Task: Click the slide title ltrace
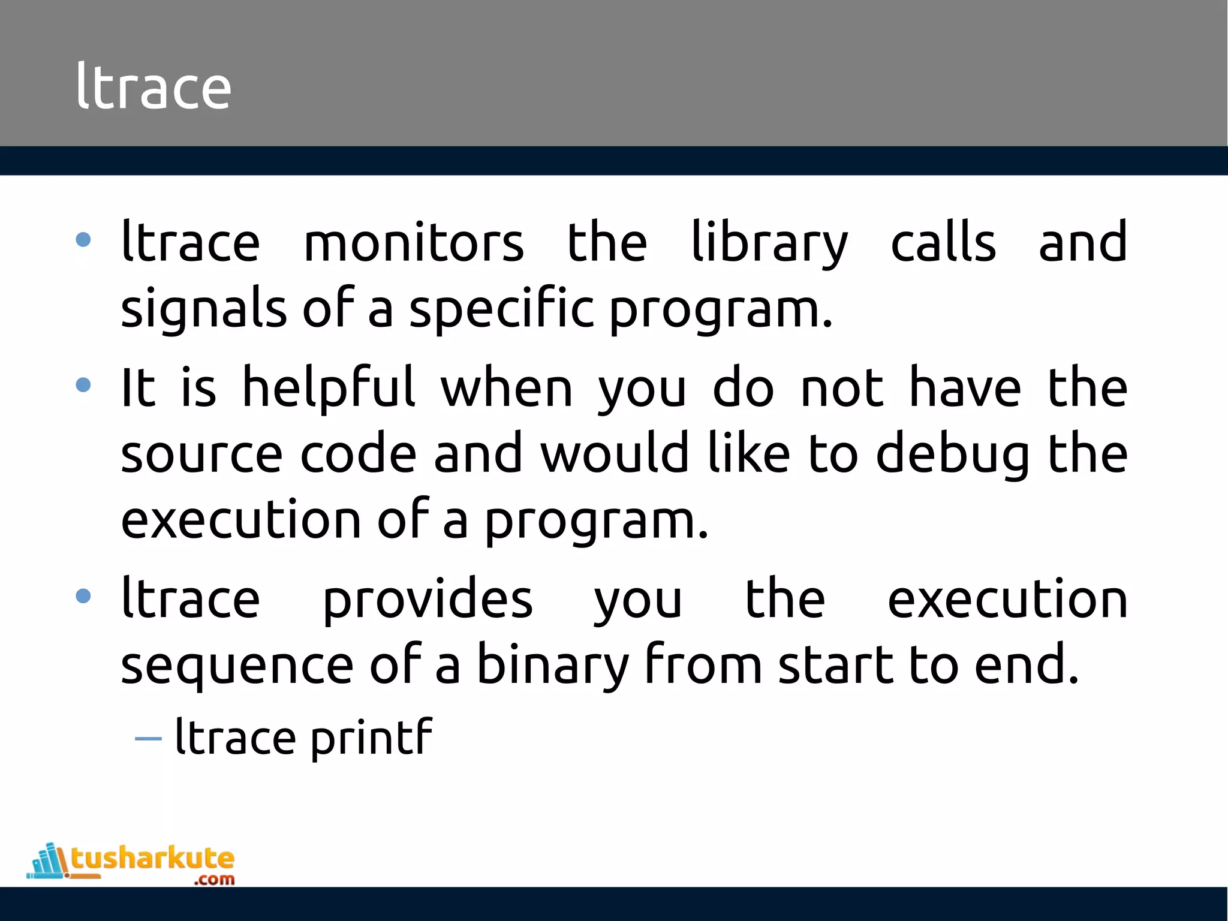(x=153, y=88)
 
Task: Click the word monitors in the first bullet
(x=414, y=242)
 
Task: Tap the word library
(x=770, y=242)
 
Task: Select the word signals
(x=204, y=309)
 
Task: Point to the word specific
(x=502, y=309)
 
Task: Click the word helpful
(x=329, y=389)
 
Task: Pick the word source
(x=201, y=454)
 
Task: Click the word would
(x=615, y=454)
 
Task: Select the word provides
(x=428, y=600)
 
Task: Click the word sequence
(x=237, y=666)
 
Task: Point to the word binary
(x=552, y=666)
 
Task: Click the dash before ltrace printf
(x=148, y=739)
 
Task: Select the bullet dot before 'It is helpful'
(x=83, y=385)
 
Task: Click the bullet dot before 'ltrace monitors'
(x=83, y=240)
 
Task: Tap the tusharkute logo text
(x=153, y=858)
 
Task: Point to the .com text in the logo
(x=214, y=880)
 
